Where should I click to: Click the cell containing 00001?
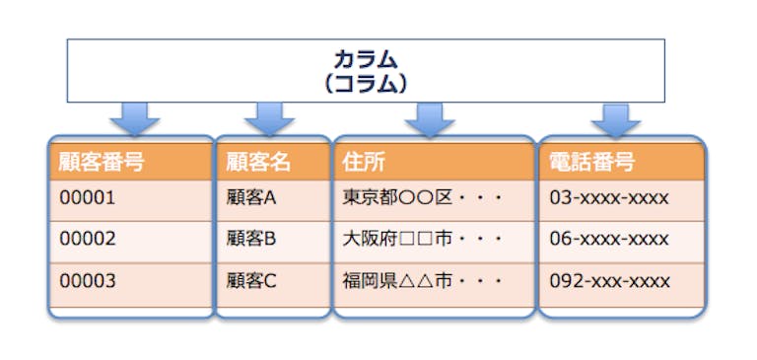tap(88, 198)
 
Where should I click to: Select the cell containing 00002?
tap(88, 239)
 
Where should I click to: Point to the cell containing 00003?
tap(88, 280)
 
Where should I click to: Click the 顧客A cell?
tap(251, 198)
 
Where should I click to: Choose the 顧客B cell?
tap(251, 239)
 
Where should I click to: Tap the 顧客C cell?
tap(251, 280)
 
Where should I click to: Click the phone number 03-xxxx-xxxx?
tap(610, 198)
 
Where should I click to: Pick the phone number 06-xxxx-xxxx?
tap(610, 239)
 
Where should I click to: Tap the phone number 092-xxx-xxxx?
tap(610, 280)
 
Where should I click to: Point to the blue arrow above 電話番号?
tap(615, 119)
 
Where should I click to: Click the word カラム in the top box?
tap(366, 61)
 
